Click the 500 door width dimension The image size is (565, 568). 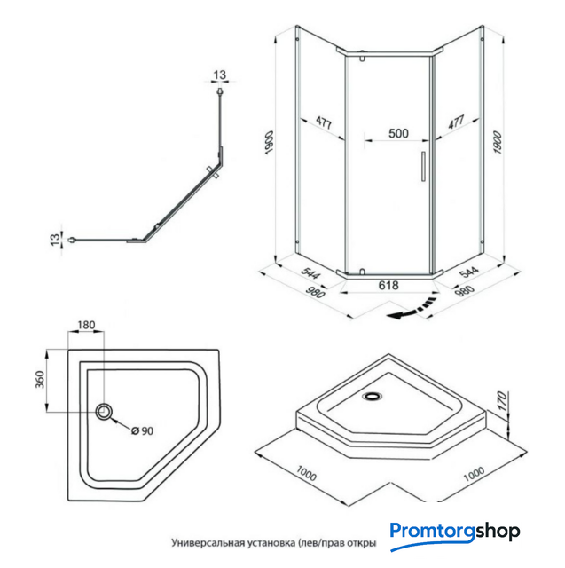tap(398, 134)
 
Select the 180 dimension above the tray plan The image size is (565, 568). tap(86, 326)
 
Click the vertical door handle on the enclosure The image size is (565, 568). tap(424, 169)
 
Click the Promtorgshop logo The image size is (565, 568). tap(455, 533)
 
